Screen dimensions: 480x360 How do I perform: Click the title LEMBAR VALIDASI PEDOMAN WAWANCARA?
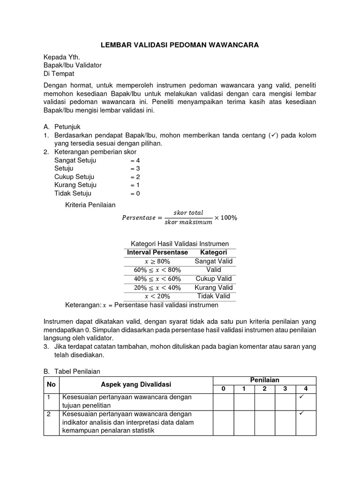[x=180, y=45]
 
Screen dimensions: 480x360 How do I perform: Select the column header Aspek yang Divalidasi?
[x=136, y=384]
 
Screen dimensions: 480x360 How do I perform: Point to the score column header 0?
[x=223, y=389]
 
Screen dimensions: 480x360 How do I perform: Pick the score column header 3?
[x=285, y=389]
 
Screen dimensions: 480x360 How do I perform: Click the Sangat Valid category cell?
[x=213, y=261]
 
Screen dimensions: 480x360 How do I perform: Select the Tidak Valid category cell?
[x=213, y=296]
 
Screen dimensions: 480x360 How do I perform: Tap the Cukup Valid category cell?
[x=213, y=279]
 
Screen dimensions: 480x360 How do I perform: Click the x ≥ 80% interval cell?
[x=157, y=261]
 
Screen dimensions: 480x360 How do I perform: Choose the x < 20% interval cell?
[x=157, y=296]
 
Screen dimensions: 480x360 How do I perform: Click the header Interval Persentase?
[x=157, y=252]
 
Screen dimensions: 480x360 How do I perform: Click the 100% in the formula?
[x=229, y=217]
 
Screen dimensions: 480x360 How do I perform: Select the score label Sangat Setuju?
[x=75, y=160]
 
